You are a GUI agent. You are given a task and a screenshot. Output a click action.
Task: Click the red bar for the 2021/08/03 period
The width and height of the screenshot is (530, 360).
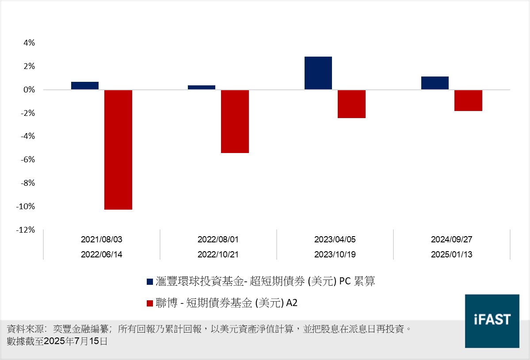(x=118, y=149)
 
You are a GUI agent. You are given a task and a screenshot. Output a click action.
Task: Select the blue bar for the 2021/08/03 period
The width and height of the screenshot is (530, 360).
(x=85, y=86)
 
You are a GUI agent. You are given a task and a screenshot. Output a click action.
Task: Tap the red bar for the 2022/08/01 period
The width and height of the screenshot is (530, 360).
(x=235, y=121)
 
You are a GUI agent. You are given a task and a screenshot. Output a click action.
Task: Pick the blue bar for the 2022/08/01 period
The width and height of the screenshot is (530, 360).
(x=202, y=88)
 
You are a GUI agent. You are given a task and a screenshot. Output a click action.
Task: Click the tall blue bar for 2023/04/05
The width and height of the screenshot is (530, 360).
(x=318, y=73)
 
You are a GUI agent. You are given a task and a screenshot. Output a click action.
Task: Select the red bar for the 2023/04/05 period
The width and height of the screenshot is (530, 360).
(x=351, y=104)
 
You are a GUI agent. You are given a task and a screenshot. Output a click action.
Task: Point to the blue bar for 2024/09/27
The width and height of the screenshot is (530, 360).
(x=435, y=83)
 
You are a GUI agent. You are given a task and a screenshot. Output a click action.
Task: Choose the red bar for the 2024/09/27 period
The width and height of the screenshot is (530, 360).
(x=468, y=100)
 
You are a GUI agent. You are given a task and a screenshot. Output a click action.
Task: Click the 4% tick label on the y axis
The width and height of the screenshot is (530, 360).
(x=29, y=43)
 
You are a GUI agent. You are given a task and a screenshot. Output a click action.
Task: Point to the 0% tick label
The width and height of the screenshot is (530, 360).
(x=29, y=90)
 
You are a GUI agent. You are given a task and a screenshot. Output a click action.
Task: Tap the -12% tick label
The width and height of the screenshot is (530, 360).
(x=26, y=230)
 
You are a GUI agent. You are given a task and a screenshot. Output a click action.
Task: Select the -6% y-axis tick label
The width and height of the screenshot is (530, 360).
(x=27, y=160)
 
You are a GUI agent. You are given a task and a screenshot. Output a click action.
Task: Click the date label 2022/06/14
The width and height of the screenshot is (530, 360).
(x=102, y=255)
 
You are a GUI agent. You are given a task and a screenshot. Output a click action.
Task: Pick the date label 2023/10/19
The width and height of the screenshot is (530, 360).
(x=335, y=255)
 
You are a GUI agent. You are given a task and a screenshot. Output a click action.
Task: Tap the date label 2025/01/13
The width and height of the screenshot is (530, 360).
(x=452, y=255)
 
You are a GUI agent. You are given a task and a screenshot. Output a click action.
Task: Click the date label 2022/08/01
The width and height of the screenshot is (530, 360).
(x=218, y=240)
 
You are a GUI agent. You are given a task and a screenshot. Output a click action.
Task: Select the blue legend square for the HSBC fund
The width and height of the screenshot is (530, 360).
(x=150, y=282)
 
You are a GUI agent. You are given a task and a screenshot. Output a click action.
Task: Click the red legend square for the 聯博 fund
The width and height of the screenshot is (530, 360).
(x=150, y=303)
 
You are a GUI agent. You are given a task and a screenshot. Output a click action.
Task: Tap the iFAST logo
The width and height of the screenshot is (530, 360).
(x=492, y=321)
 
